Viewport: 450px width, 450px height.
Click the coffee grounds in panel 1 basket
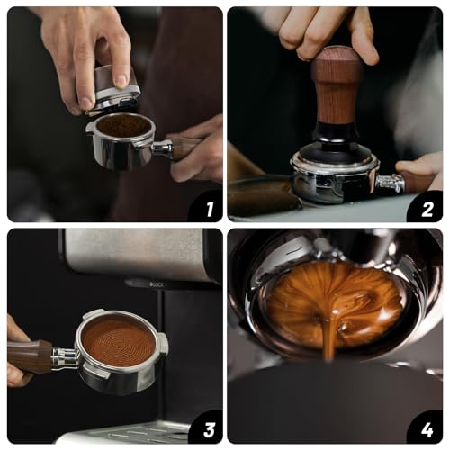click(x=124, y=125)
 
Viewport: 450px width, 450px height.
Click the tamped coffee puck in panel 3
click(x=117, y=341)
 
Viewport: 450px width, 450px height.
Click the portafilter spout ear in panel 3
click(x=163, y=343)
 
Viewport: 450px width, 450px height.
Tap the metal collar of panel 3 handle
click(x=63, y=357)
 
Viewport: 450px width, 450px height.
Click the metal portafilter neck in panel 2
click(x=390, y=183)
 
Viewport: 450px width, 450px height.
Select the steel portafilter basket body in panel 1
click(x=121, y=153)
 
